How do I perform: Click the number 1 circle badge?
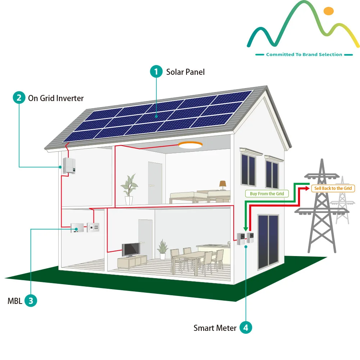pyautogui.click(x=156, y=72)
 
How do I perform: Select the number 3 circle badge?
pyautogui.click(x=31, y=301)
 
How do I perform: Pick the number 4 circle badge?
pyautogui.click(x=246, y=328)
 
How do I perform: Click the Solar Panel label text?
pyautogui.click(x=185, y=72)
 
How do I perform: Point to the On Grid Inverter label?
pyautogui.click(x=56, y=98)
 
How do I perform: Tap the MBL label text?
pyautogui.click(x=15, y=301)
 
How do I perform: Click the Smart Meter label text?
pyautogui.click(x=215, y=328)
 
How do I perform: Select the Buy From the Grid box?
pyautogui.click(x=267, y=194)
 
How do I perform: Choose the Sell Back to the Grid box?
pyautogui.click(x=333, y=188)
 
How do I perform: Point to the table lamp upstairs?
pyautogui.click(x=223, y=185)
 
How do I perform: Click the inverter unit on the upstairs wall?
pyautogui.click(x=69, y=165)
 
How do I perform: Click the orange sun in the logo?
pyautogui.click(x=329, y=11)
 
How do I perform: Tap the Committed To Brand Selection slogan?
pyautogui.click(x=304, y=55)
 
